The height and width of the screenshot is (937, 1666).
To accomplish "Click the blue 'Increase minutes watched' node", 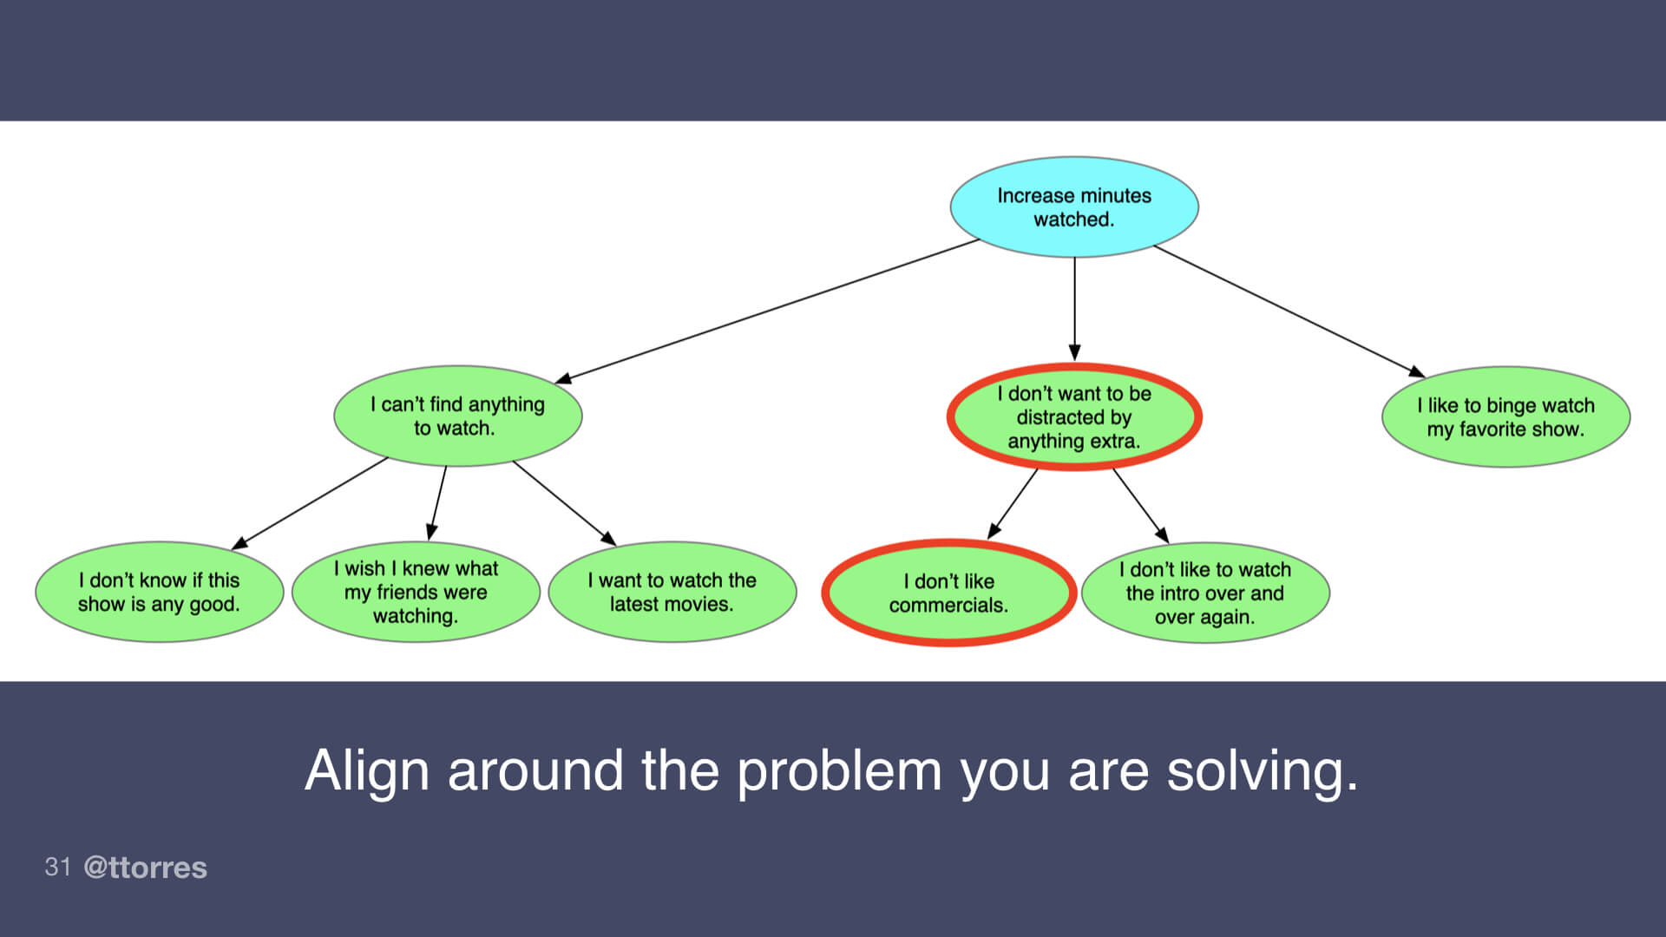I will coord(1073,207).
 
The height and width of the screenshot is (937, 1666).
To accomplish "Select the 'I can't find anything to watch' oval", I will coord(457,416).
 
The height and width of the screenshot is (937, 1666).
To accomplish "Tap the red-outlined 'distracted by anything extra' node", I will coord(1073,417).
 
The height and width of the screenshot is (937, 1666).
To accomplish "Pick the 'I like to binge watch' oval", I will coord(1505,416).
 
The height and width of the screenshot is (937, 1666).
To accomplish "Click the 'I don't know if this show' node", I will coord(159,592).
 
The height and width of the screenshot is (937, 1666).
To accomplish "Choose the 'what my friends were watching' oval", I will coord(416,592).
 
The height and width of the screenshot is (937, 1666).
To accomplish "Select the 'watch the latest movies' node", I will coord(672,592).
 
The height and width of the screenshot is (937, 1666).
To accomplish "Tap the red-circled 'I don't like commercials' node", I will coord(948,593).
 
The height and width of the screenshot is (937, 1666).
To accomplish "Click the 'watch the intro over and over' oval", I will coord(1205,593).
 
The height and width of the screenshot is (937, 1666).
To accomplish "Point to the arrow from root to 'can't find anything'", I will coord(768,311).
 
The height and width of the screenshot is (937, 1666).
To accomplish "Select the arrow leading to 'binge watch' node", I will coord(1289,311).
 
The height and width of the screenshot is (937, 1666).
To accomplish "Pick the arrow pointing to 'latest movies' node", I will coord(564,502).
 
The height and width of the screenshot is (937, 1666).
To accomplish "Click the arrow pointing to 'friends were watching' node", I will coord(438,502).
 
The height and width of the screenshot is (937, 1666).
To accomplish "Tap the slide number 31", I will coord(57,867).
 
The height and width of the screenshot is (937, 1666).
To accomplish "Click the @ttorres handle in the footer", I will coord(145,868).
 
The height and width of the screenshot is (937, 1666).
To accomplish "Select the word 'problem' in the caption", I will coord(838,770).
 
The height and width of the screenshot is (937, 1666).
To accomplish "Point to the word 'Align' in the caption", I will coord(366,770).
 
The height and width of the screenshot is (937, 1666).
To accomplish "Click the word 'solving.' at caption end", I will coord(1262,770).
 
